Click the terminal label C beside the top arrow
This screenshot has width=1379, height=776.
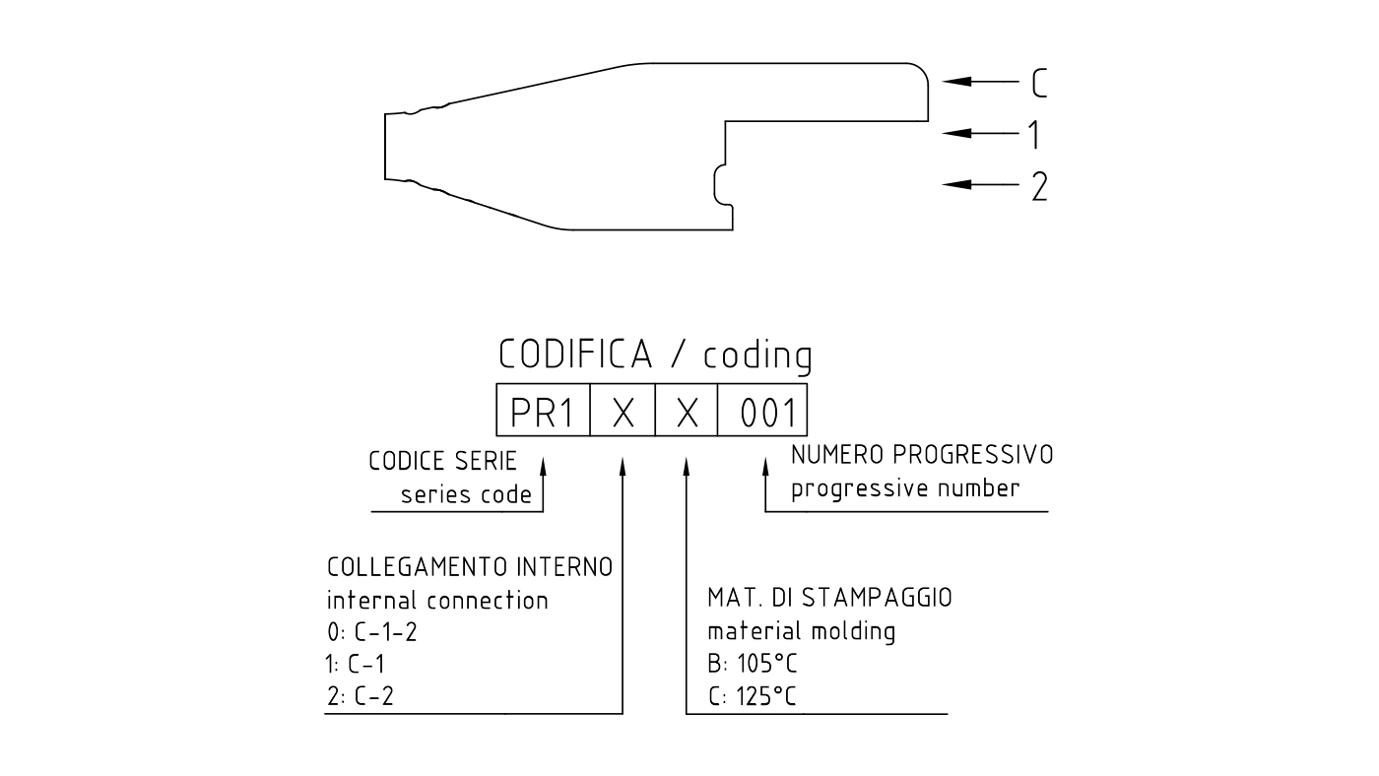pos(1039,83)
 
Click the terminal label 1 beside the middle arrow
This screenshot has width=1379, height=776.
pos(1035,134)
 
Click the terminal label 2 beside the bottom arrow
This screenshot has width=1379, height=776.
pos(1039,186)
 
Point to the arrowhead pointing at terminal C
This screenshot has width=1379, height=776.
pos(956,81)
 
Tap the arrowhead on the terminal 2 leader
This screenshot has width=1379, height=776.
pos(956,184)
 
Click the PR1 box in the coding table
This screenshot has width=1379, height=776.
pos(543,410)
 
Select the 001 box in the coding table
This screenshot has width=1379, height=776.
pos(762,410)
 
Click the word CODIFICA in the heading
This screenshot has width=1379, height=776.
pos(575,354)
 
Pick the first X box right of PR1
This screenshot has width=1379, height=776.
pos(623,410)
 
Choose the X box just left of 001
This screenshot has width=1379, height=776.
pos(687,410)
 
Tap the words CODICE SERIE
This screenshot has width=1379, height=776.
pos(442,461)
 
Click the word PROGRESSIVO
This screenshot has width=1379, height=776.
pos(973,455)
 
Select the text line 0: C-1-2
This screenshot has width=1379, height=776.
pos(372,632)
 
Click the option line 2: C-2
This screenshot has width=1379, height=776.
pos(361,696)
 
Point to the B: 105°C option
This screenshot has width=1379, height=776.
pos(753,664)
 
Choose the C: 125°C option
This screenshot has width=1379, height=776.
pos(753,696)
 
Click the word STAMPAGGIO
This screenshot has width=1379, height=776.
pos(877,598)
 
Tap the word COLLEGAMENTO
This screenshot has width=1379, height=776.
pos(419,567)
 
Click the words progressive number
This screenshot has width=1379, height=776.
pos(905,489)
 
